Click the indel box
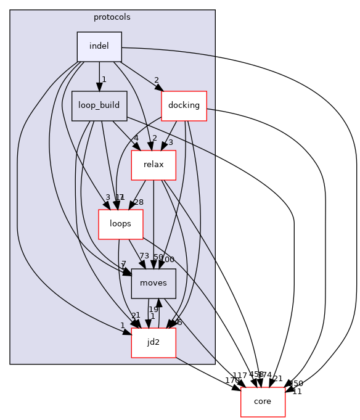(x=99, y=46)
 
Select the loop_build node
(x=99, y=105)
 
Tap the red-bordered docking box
(x=183, y=105)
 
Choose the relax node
(x=153, y=165)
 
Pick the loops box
(x=121, y=224)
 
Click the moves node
(x=153, y=283)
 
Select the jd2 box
(x=153, y=342)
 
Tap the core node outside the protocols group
(x=263, y=402)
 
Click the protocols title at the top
(x=112, y=17)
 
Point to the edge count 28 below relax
(x=138, y=202)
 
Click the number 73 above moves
(x=144, y=256)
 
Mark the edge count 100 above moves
(x=167, y=260)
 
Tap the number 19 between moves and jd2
(x=153, y=310)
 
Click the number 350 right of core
(x=297, y=383)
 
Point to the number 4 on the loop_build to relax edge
(x=136, y=138)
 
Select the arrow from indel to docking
(x=141, y=77)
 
